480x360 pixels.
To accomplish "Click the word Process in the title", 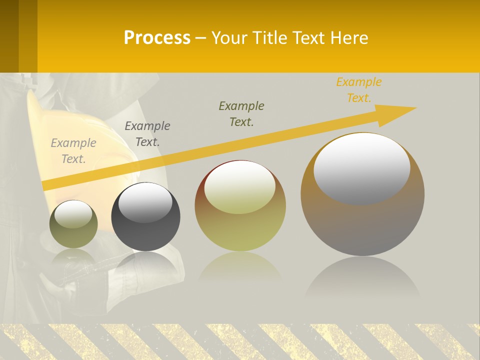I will click(x=157, y=37).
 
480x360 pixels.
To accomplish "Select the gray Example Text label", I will click(x=73, y=151).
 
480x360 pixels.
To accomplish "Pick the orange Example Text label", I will click(x=358, y=90).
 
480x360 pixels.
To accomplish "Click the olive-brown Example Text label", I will click(x=241, y=114).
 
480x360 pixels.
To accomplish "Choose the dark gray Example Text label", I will click(x=147, y=134).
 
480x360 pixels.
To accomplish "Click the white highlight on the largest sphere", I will click(x=361, y=167).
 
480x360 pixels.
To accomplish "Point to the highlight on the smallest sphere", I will click(x=73, y=214).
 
